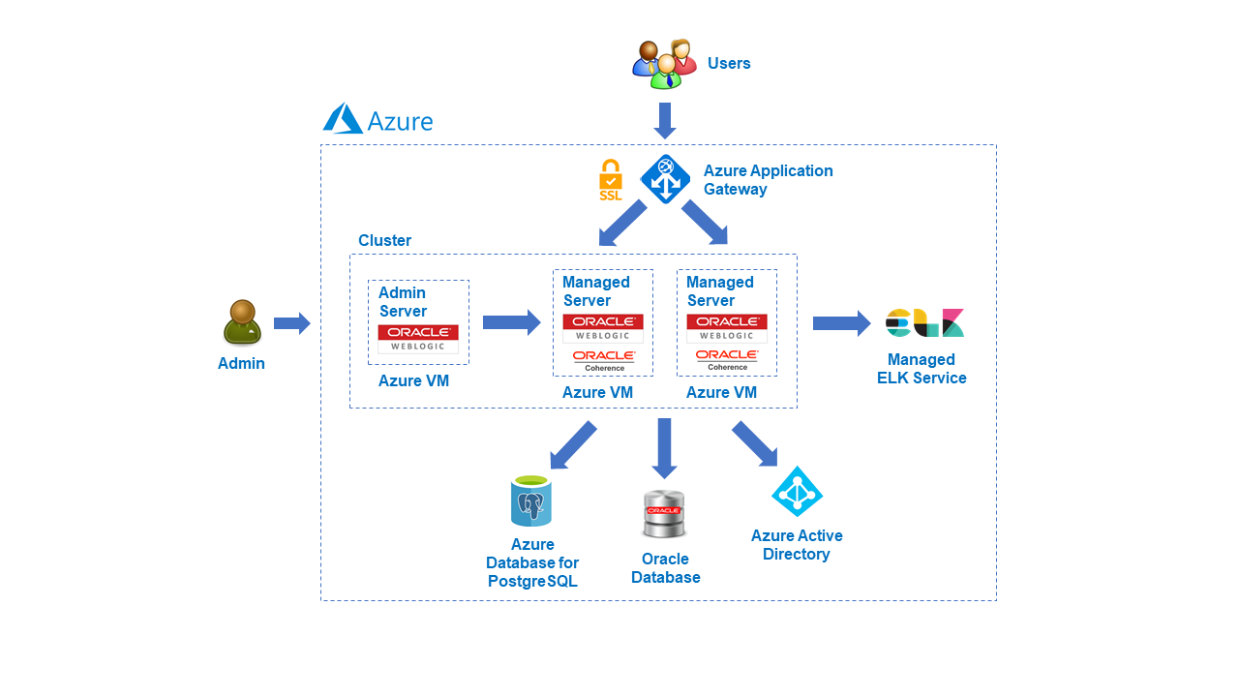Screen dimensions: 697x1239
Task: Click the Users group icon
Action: (665, 64)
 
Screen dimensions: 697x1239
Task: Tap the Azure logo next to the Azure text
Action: (343, 119)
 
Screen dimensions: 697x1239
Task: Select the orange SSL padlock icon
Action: (611, 179)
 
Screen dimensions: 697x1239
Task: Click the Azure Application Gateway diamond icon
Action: (665, 179)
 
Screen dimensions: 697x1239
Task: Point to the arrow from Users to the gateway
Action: (665, 120)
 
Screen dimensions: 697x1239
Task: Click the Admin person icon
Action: (242, 322)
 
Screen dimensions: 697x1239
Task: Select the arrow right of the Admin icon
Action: (291, 323)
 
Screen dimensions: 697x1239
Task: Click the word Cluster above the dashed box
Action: (384, 240)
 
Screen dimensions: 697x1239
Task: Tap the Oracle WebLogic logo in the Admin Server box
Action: (418, 338)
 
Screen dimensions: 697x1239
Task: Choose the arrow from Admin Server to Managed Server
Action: (511, 322)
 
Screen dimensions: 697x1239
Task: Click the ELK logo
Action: (924, 323)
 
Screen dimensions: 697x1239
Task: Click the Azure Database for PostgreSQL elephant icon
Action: (530, 501)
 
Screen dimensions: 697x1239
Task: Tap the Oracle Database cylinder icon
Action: (664, 514)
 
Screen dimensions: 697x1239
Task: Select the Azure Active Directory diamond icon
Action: (797, 492)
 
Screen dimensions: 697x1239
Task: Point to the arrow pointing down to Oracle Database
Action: (664, 447)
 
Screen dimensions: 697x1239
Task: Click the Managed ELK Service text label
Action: (922, 369)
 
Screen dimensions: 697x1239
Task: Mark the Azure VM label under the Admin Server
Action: (413, 380)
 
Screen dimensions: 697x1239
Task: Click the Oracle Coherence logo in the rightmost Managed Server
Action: (727, 360)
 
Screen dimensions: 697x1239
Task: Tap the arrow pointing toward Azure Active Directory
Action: (755, 443)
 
